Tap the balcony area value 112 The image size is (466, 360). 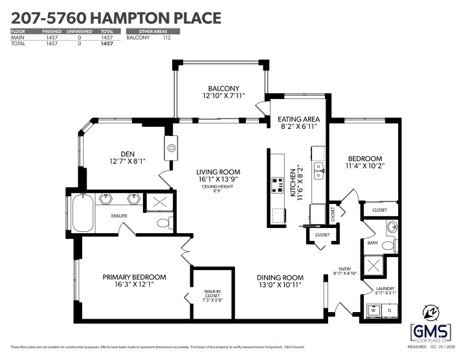click(x=166, y=38)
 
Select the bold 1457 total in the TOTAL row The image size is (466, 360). click(x=107, y=43)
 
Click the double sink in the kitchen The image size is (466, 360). click(x=318, y=171)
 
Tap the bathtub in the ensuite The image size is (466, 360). click(x=82, y=214)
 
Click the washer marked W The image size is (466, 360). click(x=373, y=310)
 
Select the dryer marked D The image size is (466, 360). click(x=388, y=310)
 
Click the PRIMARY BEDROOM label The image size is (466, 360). click(x=134, y=281)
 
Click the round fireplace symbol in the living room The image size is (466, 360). click(x=172, y=148)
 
